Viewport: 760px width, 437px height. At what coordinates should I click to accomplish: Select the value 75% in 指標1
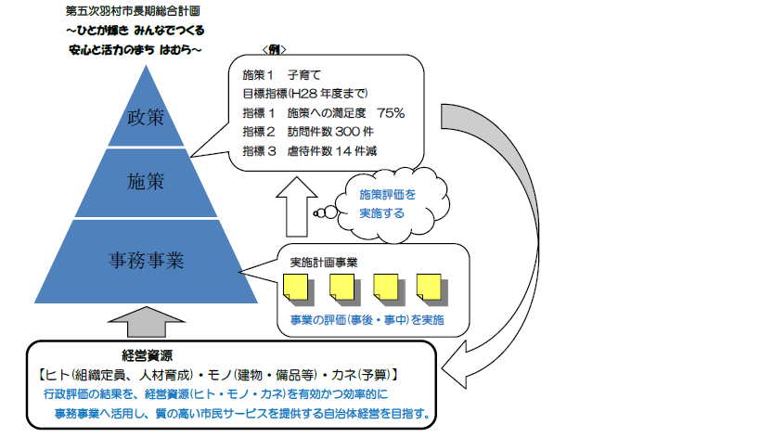click(x=391, y=112)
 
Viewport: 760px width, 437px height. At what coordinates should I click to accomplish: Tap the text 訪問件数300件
click(x=331, y=132)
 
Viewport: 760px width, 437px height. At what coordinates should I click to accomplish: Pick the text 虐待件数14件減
click(x=335, y=151)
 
